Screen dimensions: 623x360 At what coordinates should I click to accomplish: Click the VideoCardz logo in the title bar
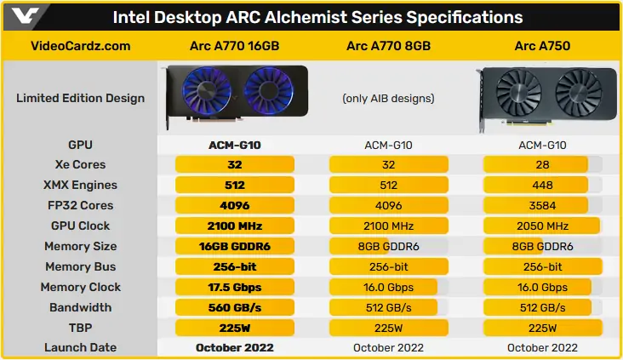[25, 16]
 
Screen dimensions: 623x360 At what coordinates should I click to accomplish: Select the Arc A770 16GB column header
[234, 46]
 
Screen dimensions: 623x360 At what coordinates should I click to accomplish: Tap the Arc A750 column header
[542, 46]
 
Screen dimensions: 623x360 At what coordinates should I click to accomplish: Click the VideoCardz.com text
[81, 46]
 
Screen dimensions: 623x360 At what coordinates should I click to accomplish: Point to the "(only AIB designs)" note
[388, 98]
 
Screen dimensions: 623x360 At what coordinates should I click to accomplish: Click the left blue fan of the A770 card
[207, 90]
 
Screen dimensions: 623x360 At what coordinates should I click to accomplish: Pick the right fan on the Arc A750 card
[579, 93]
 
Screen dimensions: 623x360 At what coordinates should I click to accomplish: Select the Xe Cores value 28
[542, 164]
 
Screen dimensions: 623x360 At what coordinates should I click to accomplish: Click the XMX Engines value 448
[542, 186]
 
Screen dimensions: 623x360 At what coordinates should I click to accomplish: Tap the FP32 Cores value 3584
[542, 205]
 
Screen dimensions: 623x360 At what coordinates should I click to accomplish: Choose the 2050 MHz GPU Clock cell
[542, 226]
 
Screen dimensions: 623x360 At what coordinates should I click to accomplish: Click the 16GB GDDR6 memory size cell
[234, 246]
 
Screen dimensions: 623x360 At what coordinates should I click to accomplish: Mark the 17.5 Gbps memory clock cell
[234, 288]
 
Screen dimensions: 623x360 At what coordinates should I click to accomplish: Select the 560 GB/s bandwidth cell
[234, 307]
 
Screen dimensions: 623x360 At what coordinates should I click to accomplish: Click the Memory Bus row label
[81, 266]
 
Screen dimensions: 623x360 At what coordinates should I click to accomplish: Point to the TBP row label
[81, 328]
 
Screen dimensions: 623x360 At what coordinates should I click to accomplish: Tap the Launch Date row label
[81, 347]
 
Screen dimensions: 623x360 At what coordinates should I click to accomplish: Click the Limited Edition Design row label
[81, 98]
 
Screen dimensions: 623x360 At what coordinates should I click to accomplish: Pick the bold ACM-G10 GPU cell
[234, 145]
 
